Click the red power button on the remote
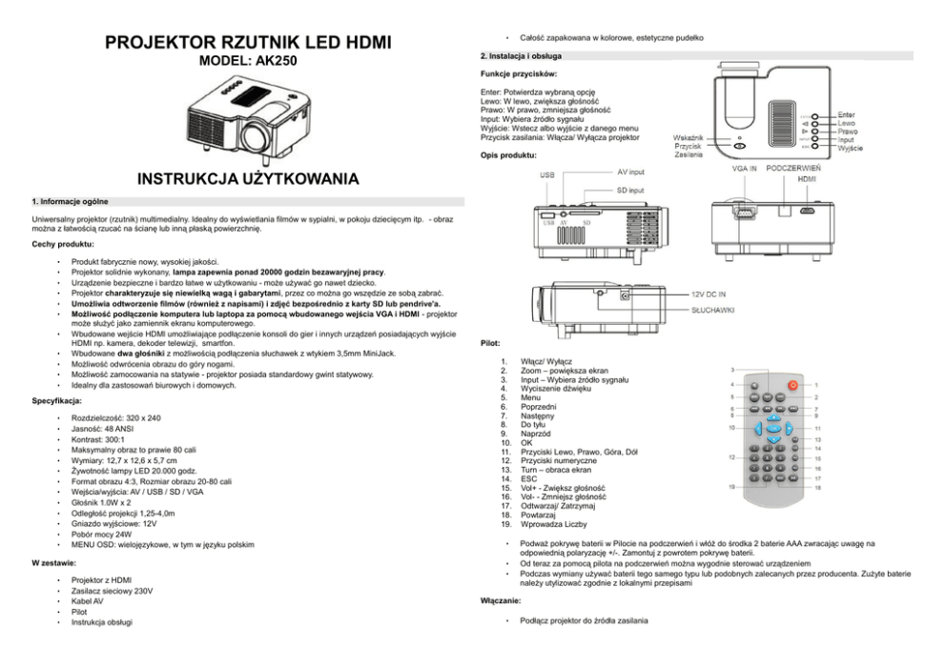coord(792,385)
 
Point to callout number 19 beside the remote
coord(731,487)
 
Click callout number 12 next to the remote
coord(731,458)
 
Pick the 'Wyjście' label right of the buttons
coord(852,150)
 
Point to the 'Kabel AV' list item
coord(89,601)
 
